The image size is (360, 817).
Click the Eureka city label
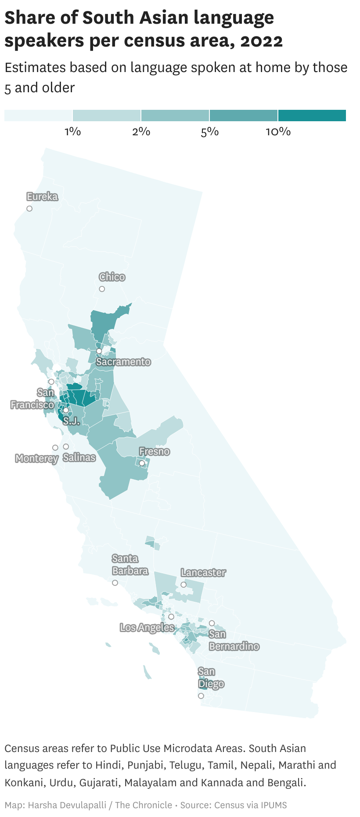click(42, 196)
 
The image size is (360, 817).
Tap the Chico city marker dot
click(102, 289)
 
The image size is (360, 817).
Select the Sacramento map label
click(123, 362)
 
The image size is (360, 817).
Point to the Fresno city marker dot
click(142, 463)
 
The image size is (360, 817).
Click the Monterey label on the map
click(36, 459)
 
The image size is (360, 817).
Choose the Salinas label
click(79, 457)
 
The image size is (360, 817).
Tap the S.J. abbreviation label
click(71, 421)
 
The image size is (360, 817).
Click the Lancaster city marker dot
click(184, 585)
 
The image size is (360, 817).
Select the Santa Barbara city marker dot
click(115, 583)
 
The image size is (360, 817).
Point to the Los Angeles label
click(147, 627)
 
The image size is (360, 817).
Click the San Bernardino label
click(234, 640)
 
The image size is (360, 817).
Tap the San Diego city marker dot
click(201, 696)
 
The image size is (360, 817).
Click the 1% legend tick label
click(72, 131)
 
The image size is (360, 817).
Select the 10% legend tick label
click(278, 131)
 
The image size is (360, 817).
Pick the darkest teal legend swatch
click(312, 116)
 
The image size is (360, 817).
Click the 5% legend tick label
click(209, 131)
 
